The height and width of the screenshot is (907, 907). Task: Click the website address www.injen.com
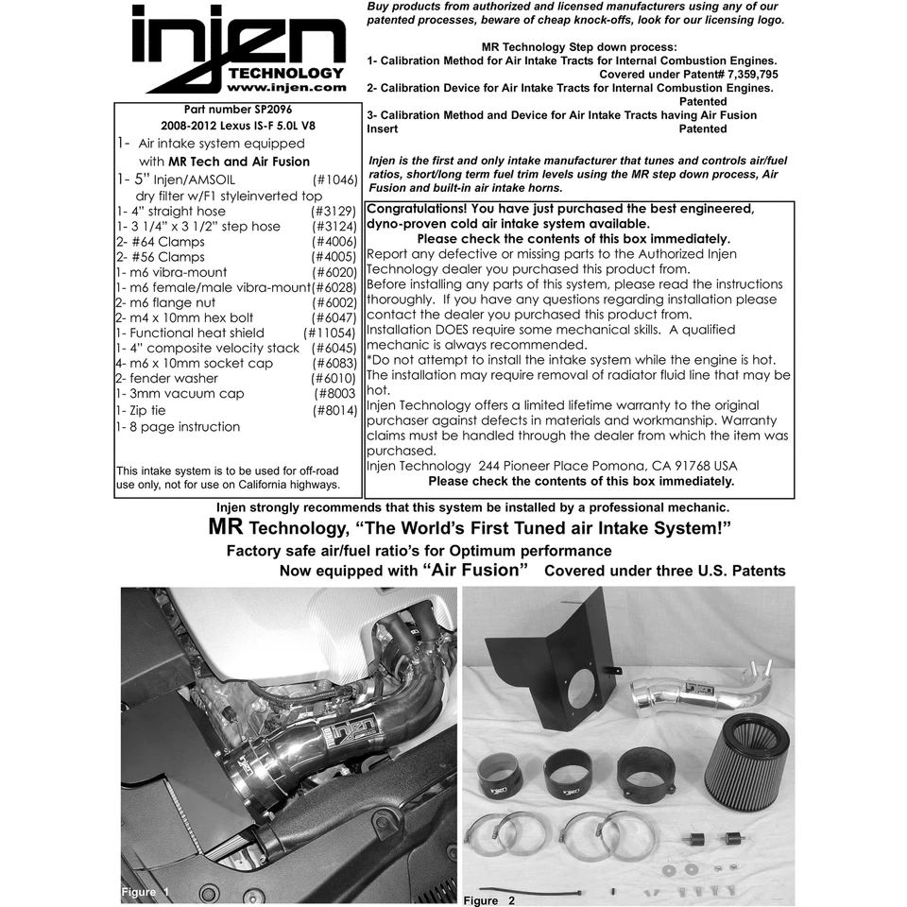click(x=288, y=88)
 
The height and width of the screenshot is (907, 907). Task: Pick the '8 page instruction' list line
click(x=178, y=427)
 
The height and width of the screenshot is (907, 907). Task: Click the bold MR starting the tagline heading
click(x=226, y=527)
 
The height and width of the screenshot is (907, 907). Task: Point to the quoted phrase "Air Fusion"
click(x=474, y=570)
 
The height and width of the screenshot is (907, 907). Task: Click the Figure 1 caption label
click(x=145, y=891)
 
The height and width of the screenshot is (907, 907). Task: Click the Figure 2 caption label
click(x=488, y=899)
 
